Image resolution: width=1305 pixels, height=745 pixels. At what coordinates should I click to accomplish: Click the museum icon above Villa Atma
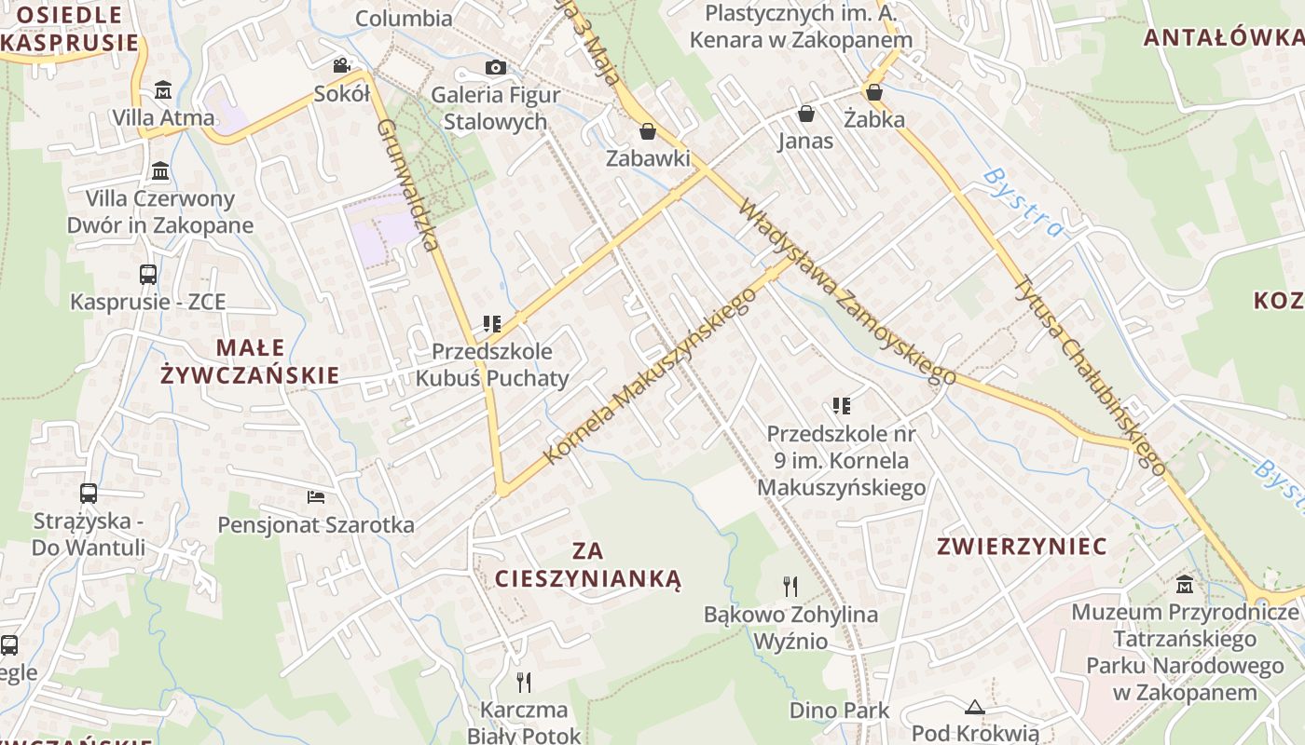click(163, 90)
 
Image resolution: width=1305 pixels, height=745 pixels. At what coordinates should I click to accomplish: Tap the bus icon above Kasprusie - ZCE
click(148, 275)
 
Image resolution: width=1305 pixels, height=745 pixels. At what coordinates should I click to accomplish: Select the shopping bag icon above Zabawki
click(648, 131)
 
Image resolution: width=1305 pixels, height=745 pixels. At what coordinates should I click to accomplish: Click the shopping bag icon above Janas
click(805, 114)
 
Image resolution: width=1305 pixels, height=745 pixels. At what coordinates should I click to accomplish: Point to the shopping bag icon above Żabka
click(874, 92)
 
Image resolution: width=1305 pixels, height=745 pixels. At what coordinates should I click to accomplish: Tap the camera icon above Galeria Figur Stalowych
click(496, 67)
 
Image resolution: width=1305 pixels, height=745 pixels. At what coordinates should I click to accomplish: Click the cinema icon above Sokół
click(342, 66)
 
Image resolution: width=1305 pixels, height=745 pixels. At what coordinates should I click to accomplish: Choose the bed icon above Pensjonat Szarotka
click(316, 497)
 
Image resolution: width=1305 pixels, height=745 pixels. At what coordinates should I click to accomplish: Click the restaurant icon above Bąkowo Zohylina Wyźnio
click(790, 586)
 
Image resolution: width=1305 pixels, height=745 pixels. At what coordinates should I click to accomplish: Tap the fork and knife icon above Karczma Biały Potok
click(524, 683)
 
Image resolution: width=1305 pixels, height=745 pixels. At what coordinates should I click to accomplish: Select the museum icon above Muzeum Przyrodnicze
click(1185, 585)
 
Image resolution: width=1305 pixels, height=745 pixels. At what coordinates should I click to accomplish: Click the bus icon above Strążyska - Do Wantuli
click(89, 494)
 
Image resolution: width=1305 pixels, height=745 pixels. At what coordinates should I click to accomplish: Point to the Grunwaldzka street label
click(407, 185)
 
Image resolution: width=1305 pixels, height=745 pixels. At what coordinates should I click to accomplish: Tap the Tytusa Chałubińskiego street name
click(1091, 374)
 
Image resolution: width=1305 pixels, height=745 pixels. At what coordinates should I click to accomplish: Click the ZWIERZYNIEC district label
click(1023, 546)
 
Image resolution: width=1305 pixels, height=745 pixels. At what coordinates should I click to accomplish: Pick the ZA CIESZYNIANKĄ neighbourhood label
click(588, 565)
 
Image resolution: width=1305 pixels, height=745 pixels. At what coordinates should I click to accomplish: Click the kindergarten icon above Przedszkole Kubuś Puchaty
click(492, 324)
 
